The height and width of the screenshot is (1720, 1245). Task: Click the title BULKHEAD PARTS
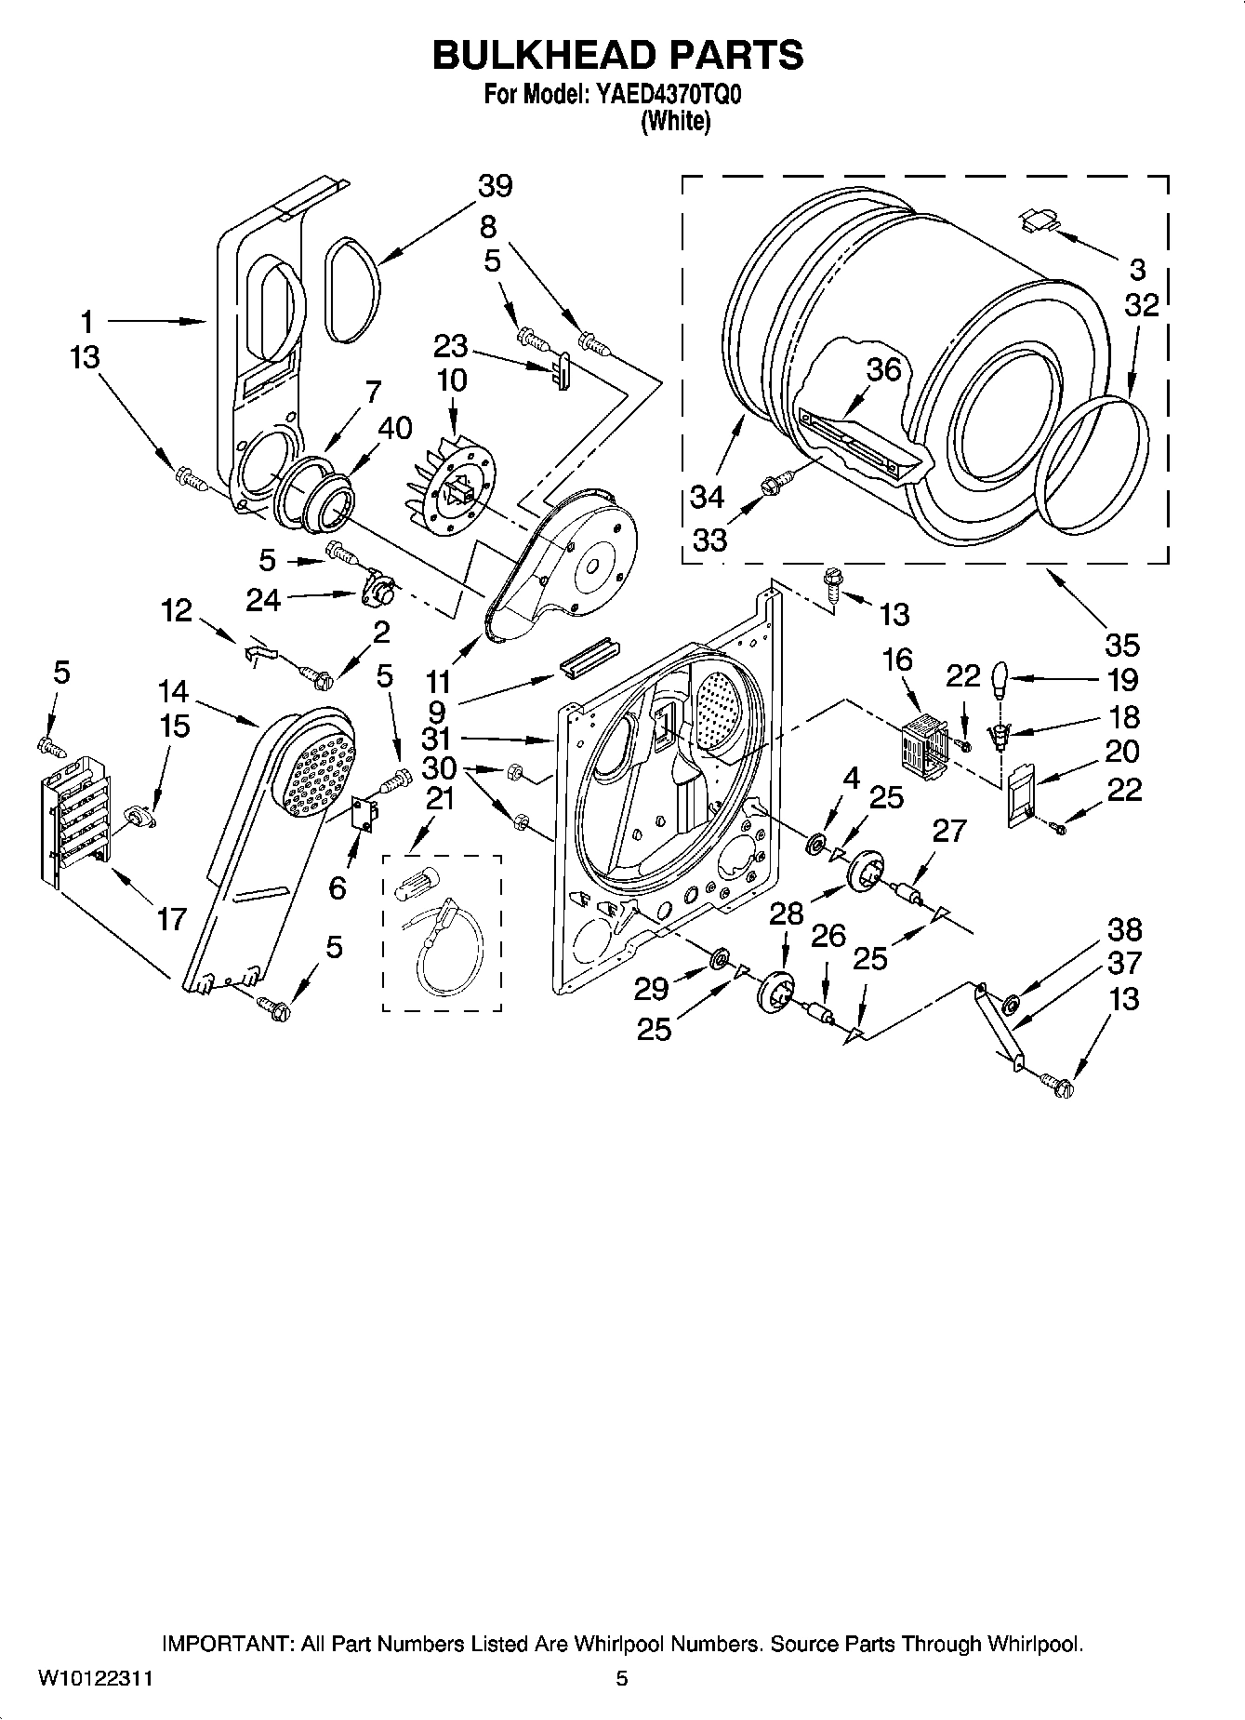(617, 56)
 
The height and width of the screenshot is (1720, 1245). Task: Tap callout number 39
(495, 186)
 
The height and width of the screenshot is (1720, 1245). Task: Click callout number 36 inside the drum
(883, 369)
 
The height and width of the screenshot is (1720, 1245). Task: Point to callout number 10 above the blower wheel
(451, 380)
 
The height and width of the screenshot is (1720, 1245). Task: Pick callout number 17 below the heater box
(171, 919)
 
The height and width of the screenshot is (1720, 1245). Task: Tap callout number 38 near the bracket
(1123, 928)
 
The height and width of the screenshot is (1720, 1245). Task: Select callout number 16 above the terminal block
(897, 660)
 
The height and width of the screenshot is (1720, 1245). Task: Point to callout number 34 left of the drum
(707, 497)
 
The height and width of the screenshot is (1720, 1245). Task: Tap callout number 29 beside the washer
(652, 989)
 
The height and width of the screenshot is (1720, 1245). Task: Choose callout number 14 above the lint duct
(173, 691)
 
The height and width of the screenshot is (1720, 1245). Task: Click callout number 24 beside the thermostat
(263, 600)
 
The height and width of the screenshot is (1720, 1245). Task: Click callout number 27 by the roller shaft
(948, 830)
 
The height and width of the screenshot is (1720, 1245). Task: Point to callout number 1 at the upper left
(86, 323)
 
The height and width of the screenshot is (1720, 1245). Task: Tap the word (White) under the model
(675, 121)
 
